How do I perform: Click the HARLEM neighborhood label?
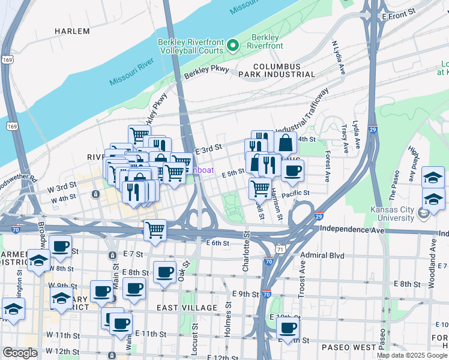click(72, 31)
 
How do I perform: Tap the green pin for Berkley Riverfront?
click(234, 46)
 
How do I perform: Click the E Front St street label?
click(399, 11)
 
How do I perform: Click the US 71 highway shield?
click(282, 248)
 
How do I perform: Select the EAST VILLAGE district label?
click(187, 308)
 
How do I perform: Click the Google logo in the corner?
click(20, 353)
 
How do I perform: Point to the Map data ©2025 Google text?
click(412, 355)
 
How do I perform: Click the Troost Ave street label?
click(302, 277)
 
